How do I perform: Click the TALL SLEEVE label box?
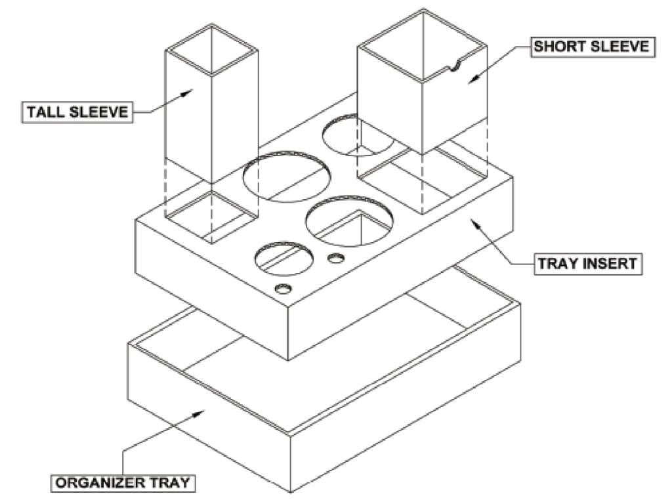click(77, 112)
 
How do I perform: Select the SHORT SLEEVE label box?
click(591, 47)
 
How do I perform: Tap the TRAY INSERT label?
click(587, 264)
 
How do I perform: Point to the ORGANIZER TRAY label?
click(123, 484)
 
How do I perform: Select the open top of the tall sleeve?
click(211, 49)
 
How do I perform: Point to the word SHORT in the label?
click(558, 47)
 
